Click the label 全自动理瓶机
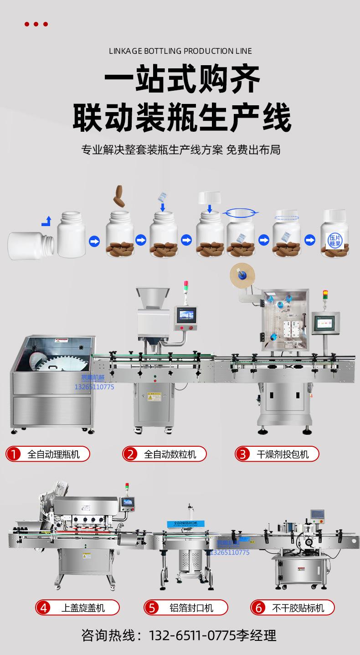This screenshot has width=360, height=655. [53, 454]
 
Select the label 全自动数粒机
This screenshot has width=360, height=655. [170, 454]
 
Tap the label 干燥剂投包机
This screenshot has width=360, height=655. [283, 454]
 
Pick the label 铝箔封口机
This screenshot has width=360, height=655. [191, 608]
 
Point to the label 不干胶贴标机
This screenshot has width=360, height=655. [298, 608]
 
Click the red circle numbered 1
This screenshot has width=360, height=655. [15, 454]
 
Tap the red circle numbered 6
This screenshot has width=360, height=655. [259, 608]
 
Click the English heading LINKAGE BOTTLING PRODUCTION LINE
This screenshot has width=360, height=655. [180, 51]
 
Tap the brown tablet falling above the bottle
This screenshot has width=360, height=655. [121, 195]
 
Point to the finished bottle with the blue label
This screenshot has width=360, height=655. [335, 235]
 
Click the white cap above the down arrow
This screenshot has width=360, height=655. [209, 198]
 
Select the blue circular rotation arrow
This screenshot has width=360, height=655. [242, 212]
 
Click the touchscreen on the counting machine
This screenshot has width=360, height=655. [187, 315]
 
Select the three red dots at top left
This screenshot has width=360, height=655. [36, 24]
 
